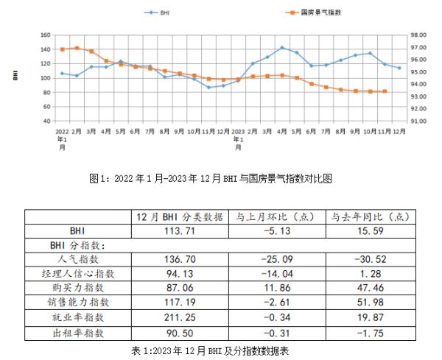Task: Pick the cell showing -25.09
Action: (276, 259)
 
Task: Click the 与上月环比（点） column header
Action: (276, 216)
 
